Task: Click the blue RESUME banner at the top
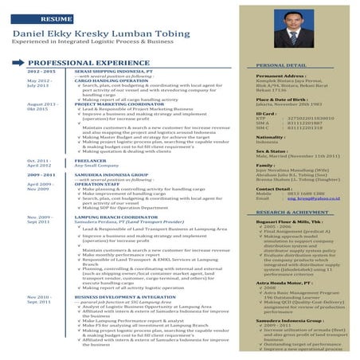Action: [x=56, y=18]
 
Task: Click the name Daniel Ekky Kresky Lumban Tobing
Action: [x=96, y=36]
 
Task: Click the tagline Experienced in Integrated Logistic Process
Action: [x=96, y=46]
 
